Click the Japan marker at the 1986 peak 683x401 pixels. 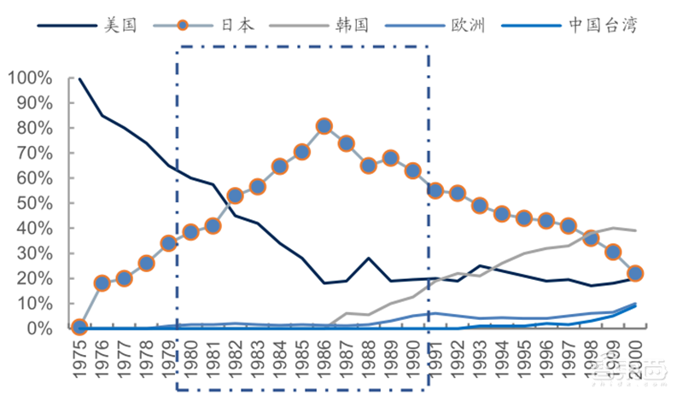coord(324,126)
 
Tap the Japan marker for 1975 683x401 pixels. coord(79,328)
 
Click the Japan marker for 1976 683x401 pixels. coord(102,283)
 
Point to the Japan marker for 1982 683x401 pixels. coord(235,196)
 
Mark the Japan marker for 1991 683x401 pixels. coord(435,190)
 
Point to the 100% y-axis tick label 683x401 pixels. coord(30,78)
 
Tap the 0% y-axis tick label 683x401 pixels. coord(38,328)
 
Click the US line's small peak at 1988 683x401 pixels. coord(368,258)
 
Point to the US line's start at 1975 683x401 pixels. coord(79,78)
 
